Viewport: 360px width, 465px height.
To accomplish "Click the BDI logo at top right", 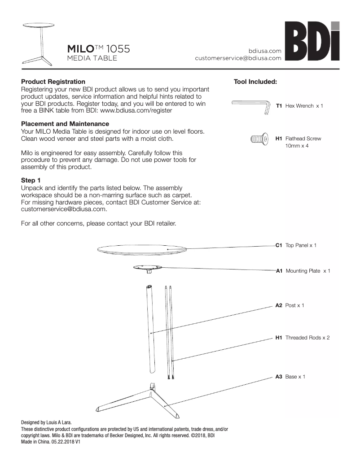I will click(312, 42).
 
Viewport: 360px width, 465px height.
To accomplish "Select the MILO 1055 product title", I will click(98, 48).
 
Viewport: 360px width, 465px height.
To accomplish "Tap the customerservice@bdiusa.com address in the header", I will click(238, 58).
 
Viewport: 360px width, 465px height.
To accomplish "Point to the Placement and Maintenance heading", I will click(65, 124).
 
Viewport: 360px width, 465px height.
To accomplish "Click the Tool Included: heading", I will click(255, 82).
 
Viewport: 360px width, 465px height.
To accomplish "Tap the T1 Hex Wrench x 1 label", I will click(299, 106).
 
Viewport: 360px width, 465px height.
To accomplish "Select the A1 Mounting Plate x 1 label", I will click(303, 271).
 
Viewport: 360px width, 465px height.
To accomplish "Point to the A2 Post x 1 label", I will click(290, 305).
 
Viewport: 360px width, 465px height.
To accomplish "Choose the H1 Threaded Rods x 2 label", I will click(302, 338).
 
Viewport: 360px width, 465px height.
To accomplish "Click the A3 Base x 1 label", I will click(290, 377).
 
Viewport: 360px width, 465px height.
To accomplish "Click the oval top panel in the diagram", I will click(142, 249).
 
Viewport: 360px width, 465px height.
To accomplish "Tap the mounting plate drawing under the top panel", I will click(148, 269).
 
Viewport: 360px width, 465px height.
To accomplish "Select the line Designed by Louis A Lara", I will click(46, 422).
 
